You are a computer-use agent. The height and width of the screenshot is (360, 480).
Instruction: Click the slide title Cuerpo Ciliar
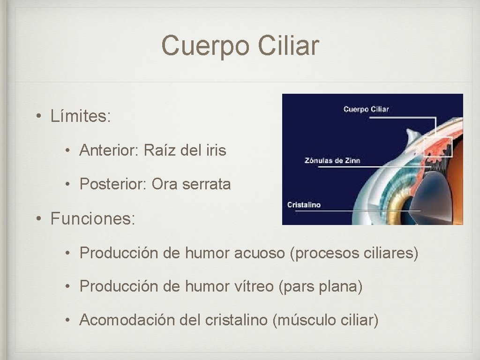point(240,46)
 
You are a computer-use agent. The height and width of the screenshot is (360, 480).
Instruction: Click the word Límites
point(80,116)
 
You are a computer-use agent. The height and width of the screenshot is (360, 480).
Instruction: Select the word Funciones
point(92,218)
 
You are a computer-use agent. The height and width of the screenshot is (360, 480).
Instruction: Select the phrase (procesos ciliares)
point(354,253)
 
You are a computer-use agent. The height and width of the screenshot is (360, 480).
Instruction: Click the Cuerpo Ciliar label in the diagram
point(366,109)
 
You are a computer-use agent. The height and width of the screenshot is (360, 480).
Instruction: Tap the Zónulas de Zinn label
point(332,160)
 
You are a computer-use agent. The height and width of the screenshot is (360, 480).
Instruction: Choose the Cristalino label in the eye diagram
point(304,205)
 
